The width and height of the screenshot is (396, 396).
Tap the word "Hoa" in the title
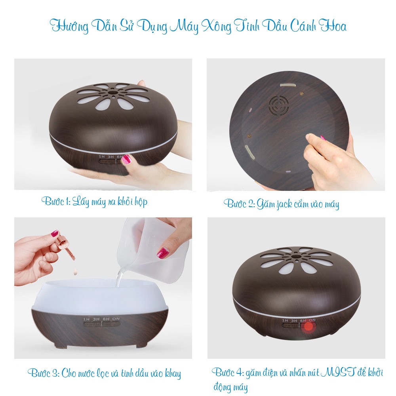[x=332, y=26]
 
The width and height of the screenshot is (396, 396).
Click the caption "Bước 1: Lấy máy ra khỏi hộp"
[x=95, y=202]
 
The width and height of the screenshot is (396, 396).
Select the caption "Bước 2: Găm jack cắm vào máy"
[x=281, y=204]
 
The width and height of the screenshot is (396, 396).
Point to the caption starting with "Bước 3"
[x=104, y=373]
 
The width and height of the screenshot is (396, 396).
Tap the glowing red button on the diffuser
[x=308, y=326]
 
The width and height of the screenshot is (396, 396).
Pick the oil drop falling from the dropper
[x=75, y=272]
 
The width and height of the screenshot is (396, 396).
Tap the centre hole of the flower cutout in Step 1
[x=112, y=93]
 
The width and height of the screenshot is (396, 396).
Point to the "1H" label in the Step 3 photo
[x=86, y=319]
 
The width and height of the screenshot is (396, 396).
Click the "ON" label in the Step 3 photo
[x=116, y=319]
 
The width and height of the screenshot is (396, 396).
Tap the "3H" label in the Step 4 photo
[x=294, y=320]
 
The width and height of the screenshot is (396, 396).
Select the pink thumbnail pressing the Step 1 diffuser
[x=127, y=159]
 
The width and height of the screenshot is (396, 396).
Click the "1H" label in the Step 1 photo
[x=102, y=156]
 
